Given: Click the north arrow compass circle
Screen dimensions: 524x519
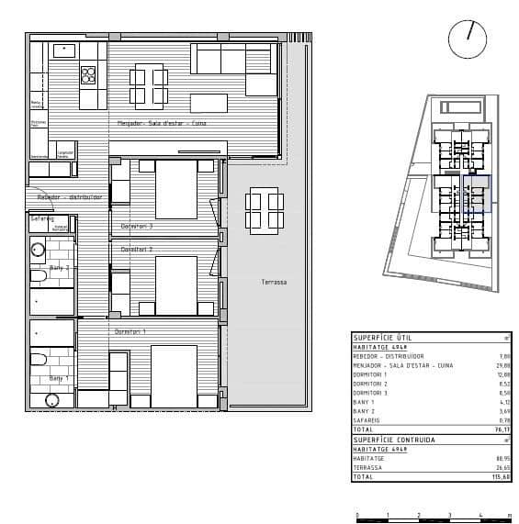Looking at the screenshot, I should pos(468,39).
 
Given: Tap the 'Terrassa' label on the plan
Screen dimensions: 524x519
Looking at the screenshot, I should pos(274,283).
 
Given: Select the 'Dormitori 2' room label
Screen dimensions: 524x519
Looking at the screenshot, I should pos(137,250).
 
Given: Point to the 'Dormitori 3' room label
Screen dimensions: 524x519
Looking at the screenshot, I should pos(137,226).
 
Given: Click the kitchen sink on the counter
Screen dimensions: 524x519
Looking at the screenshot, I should pos(64,50).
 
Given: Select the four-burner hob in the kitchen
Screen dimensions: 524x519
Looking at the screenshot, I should pos(89,73).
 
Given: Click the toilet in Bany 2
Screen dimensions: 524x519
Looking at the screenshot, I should pos(39,276).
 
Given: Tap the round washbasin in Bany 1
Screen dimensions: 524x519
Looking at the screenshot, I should pos(52,400).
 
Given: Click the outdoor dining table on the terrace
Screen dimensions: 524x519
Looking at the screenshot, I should pos(264,210).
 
